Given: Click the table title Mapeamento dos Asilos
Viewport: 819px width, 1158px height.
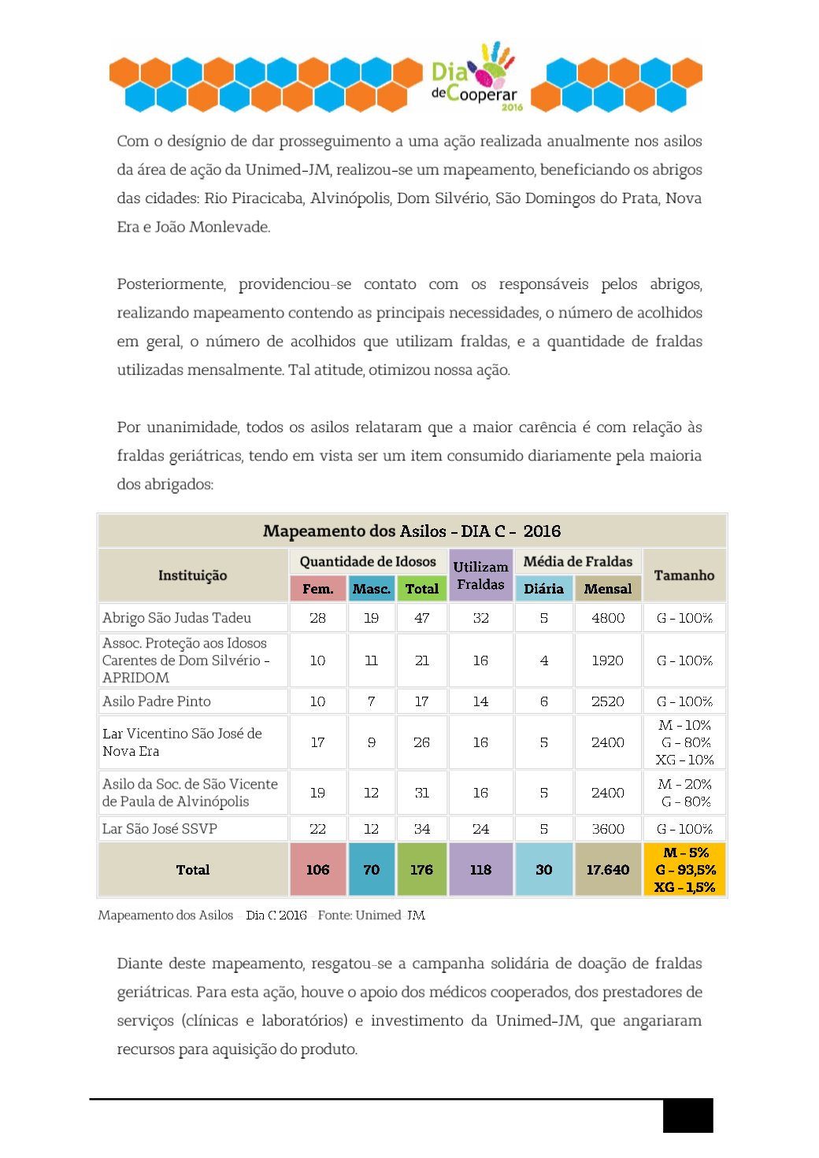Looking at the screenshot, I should coord(412,531).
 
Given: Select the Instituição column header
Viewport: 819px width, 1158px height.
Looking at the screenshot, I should coord(193,575).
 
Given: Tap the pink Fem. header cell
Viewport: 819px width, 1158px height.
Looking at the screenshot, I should coord(318,589).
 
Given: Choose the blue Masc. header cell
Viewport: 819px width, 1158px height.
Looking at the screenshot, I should coord(372,589).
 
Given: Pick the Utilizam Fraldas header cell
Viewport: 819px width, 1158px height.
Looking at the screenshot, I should coord(480,575).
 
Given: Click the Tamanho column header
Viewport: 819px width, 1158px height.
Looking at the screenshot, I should coord(684,575).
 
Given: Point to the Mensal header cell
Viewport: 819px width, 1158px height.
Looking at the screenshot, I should coord(608,589).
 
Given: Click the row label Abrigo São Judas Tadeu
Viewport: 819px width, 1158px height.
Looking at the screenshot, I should coord(177,618).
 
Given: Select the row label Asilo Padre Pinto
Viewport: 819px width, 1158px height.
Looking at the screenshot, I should coord(157,701).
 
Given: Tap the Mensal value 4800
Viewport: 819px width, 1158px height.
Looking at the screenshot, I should coord(608,618).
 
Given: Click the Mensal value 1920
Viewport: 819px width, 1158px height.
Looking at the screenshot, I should coord(608,660).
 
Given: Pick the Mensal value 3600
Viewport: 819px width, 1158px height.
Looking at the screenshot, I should coord(608,829).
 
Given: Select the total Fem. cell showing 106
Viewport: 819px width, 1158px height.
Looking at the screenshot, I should coord(318,870).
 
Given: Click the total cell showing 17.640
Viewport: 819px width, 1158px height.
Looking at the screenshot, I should coord(608,870).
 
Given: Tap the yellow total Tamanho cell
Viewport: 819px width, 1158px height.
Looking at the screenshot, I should coord(684,870).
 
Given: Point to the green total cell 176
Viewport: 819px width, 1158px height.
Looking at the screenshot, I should coord(422,870).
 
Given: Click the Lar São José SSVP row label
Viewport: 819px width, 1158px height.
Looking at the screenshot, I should coord(160,829).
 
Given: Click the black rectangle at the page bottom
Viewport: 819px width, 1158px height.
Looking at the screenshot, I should coord(687,1115).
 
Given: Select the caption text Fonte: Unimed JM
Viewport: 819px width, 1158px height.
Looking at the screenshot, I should coord(372,915).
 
